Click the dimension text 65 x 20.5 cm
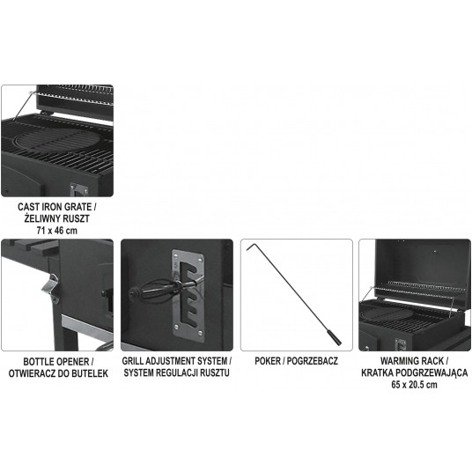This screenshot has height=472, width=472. point(412,385)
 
